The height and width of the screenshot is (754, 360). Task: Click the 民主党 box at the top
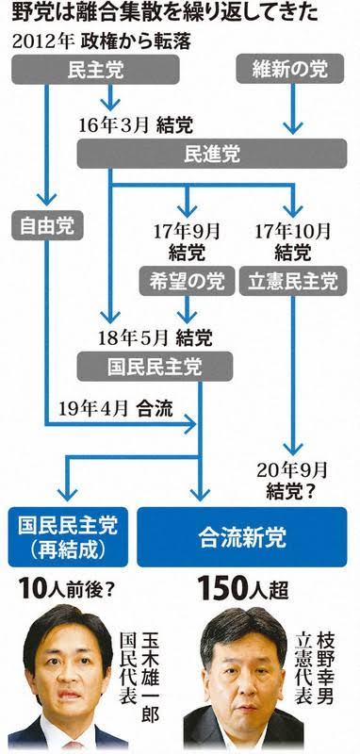(x=95, y=70)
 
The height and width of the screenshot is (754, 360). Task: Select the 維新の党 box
(x=290, y=70)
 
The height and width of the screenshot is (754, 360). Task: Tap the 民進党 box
(x=212, y=154)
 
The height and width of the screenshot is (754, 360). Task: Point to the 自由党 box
(x=47, y=225)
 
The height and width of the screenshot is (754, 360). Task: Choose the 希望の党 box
(x=187, y=281)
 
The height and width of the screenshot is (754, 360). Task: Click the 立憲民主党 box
(x=293, y=281)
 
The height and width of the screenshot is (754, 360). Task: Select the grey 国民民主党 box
(x=155, y=367)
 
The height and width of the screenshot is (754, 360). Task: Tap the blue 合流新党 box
(x=242, y=537)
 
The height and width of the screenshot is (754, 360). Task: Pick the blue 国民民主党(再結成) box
(x=68, y=537)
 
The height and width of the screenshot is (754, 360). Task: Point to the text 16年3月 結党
(x=136, y=125)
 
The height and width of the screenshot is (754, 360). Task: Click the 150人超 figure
(x=243, y=588)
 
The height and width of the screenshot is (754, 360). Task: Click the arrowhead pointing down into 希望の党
(x=187, y=210)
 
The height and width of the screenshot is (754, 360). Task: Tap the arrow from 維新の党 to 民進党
(x=293, y=109)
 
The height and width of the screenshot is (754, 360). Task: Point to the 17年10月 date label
(x=293, y=231)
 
